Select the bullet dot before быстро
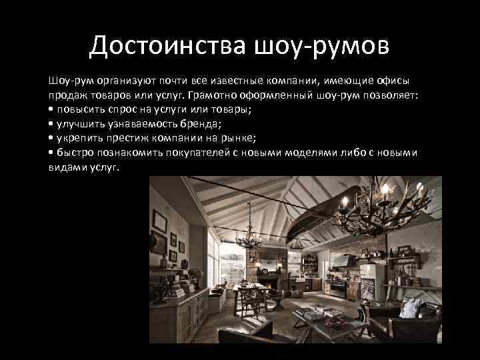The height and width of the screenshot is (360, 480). point(51,153)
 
